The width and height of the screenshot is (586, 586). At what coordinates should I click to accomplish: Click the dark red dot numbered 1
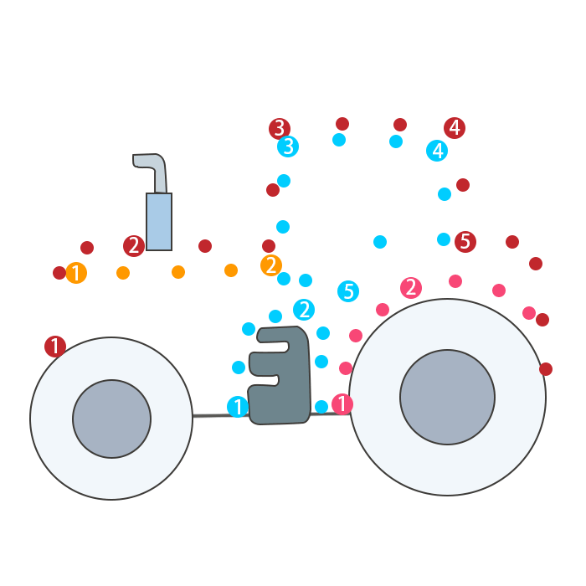click(x=55, y=347)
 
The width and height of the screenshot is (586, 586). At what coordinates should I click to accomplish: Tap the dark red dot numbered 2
click(x=134, y=246)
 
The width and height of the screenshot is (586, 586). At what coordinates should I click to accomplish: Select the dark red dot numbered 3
click(x=280, y=129)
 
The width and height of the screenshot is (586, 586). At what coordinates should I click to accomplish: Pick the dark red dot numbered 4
click(x=455, y=128)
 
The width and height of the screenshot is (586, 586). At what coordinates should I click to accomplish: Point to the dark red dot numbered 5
click(x=465, y=242)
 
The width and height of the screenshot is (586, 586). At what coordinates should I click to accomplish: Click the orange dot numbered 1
click(x=76, y=273)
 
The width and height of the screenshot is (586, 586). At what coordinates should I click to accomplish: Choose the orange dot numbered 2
click(x=271, y=265)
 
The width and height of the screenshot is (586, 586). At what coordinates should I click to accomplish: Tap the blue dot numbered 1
click(x=238, y=407)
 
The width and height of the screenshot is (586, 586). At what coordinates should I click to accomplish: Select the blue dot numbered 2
click(x=304, y=310)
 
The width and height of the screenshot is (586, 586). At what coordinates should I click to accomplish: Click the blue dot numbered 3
click(x=288, y=146)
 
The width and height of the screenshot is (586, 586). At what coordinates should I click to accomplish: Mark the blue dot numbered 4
click(x=437, y=151)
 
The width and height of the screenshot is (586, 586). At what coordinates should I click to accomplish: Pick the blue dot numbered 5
click(x=348, y=291)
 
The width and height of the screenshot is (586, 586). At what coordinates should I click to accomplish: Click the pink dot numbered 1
click(x=342, y=404)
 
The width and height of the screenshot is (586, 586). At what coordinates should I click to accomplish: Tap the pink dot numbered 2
click(x=410, y=288)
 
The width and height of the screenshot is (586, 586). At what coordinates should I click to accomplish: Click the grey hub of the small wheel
click(x=111, y=419)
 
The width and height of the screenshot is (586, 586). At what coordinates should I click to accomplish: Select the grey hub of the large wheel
click(x=447, y=397)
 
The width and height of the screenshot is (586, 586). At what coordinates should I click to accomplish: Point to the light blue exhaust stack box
click(x=159, y=222)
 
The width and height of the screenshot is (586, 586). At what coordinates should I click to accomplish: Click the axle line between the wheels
click(x=219, y=415)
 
